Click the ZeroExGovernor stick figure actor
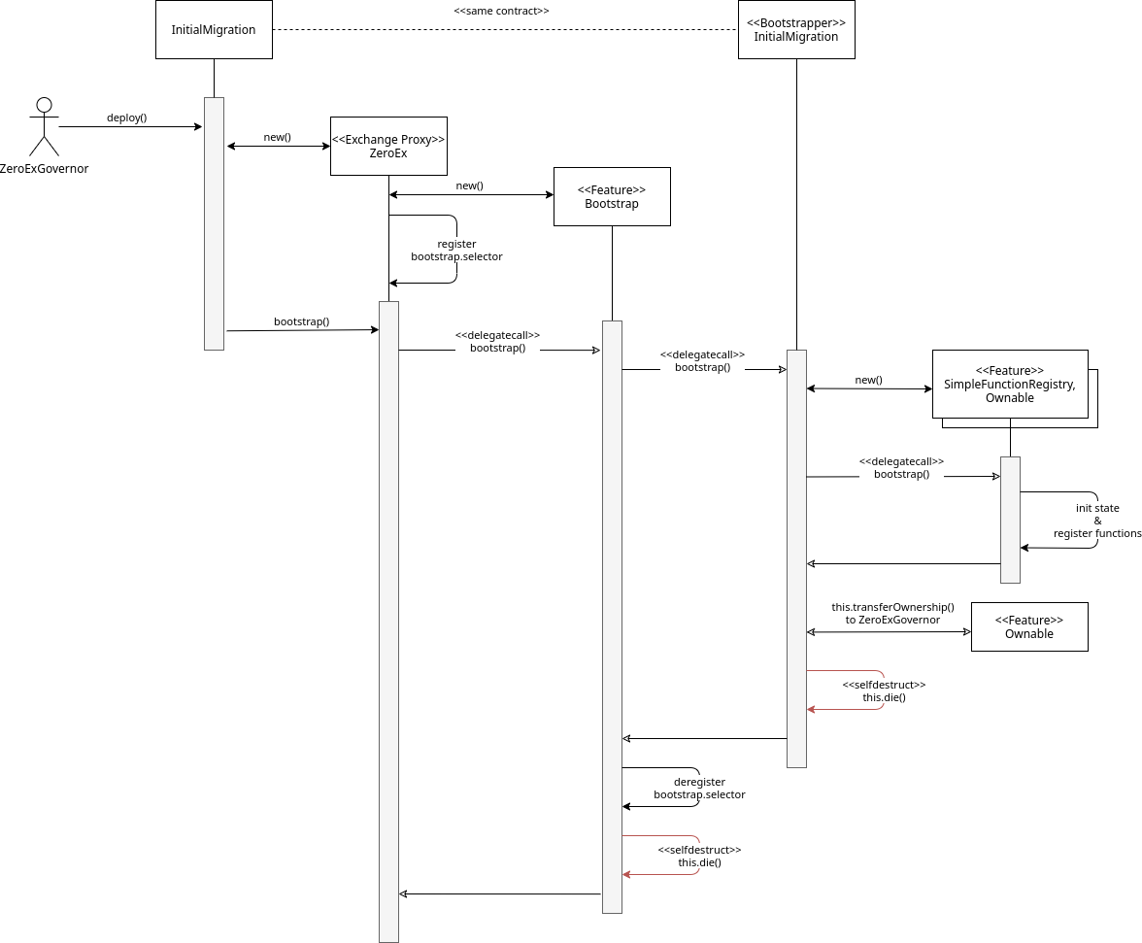coord(44,126)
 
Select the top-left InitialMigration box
coord(214,30)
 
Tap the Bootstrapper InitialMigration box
coord(796,30)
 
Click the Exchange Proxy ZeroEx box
coord(388,147)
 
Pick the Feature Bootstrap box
coord(612,196)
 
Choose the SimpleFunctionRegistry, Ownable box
coord(1010,385)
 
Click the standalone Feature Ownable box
coord(1029,627)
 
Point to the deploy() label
coord(126,118)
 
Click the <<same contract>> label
coord(501,11)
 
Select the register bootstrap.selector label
coord(456,251)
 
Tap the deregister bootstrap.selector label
coord(699,788)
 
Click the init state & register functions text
coord(1097,521)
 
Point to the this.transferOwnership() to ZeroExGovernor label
coord(893,613)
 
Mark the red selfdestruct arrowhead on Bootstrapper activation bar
coord(811,709)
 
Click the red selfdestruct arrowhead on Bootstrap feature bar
coord(626,875)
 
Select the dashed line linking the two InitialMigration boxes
coord(505,30)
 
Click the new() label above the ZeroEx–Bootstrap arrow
coord(470,185)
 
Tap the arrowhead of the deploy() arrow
coord(198,126)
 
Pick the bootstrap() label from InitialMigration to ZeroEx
coord(301,321)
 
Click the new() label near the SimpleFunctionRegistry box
coord(869,380)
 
